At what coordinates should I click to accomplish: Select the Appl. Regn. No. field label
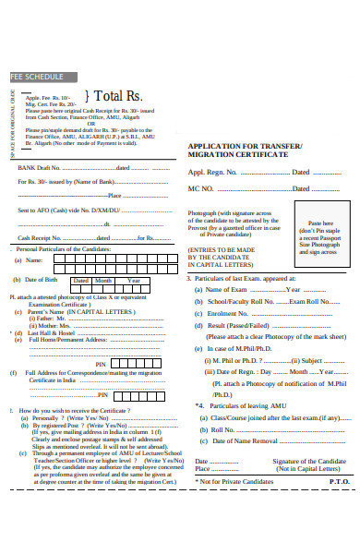220,173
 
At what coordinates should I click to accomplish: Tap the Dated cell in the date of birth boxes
81,280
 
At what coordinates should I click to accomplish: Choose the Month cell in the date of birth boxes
104,280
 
